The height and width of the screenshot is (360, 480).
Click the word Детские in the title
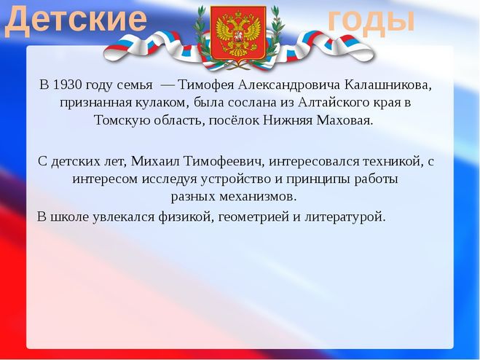click(76, 20)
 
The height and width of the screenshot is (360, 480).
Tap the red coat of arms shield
click(238, 33)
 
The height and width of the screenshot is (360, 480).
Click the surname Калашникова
click(387, 85)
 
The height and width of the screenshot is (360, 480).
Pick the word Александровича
click(289, 85)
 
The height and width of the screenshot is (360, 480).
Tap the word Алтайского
click(333, 103)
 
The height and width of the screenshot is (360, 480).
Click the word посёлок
click(235, 120)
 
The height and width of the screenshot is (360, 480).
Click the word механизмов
click(258, 197)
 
